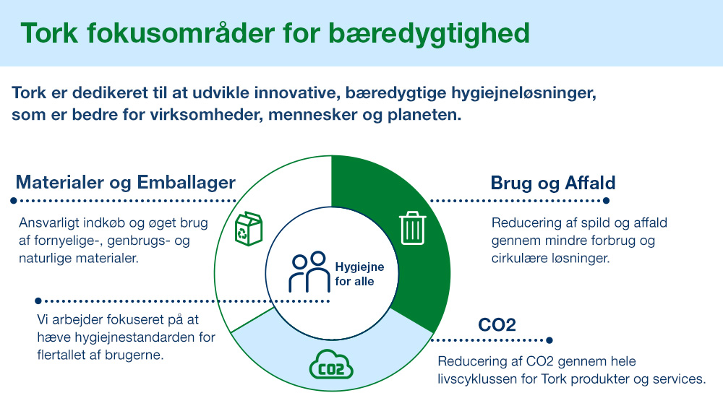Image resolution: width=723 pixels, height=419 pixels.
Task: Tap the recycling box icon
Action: (249, 228)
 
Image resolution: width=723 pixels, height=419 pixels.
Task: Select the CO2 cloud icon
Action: (330, 365)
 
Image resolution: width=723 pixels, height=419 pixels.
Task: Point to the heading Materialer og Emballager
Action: (125, 182)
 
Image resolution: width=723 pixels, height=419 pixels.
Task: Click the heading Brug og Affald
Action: (553, 182)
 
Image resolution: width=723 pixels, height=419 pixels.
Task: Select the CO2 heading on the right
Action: (497, 324)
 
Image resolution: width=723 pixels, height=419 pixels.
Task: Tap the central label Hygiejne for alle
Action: (359, 274)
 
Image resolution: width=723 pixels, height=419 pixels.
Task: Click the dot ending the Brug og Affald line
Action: (606, 201)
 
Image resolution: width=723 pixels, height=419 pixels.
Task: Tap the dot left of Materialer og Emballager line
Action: (12, 200)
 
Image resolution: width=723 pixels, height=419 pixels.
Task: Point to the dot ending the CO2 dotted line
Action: (549, 340)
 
